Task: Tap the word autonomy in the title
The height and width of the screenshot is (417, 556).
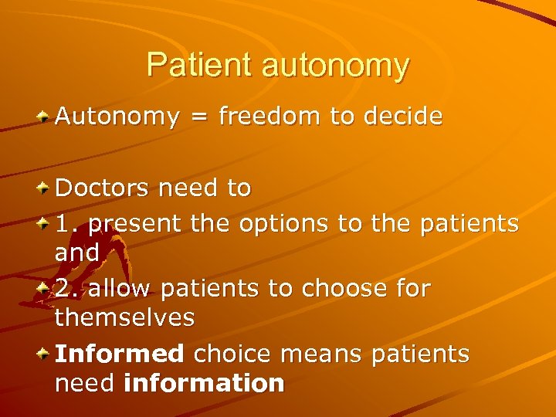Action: [335, 67]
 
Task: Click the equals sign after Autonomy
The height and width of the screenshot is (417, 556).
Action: [198, 118]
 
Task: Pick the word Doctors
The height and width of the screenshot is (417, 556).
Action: [102, 188]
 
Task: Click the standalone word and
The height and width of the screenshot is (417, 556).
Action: [76, 252]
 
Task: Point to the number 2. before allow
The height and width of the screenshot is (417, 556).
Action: [67, 289]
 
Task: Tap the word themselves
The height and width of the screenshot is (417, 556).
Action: [124, 317]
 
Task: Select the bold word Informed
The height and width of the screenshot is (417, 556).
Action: [119, 354]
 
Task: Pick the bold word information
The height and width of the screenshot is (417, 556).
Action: [204, 382]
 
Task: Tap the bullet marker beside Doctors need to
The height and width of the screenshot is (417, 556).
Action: [45, 188]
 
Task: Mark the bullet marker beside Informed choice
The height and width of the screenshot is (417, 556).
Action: [45, 354]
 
